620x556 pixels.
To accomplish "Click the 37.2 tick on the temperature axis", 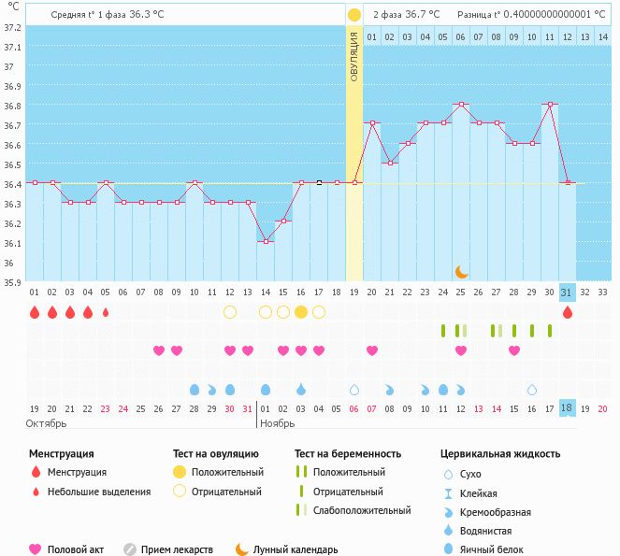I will tap(12, 27).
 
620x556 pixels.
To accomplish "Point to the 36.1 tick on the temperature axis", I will tap(12, 243).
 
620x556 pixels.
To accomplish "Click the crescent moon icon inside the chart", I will tap(461, 271).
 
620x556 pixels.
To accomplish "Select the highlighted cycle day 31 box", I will tap(566, 292).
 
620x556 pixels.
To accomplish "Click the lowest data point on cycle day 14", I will tap(266, 242).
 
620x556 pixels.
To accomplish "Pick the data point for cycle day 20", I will tap(372, 123).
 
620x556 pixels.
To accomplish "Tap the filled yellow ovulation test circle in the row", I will tap(301, 312).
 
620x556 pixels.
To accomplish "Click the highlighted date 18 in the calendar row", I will tap(566, 408).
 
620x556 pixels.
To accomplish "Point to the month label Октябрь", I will tap(47, 422).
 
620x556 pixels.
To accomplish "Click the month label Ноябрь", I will tap(278, 422).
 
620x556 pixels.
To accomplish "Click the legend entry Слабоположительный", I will tap(361, 510).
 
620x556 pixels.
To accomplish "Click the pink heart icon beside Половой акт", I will tap(36, 549).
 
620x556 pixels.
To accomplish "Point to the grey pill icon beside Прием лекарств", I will tap(130, 549).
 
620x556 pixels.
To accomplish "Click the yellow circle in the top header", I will tap(353, 15).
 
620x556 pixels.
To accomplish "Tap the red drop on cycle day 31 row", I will tap(566, 312).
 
